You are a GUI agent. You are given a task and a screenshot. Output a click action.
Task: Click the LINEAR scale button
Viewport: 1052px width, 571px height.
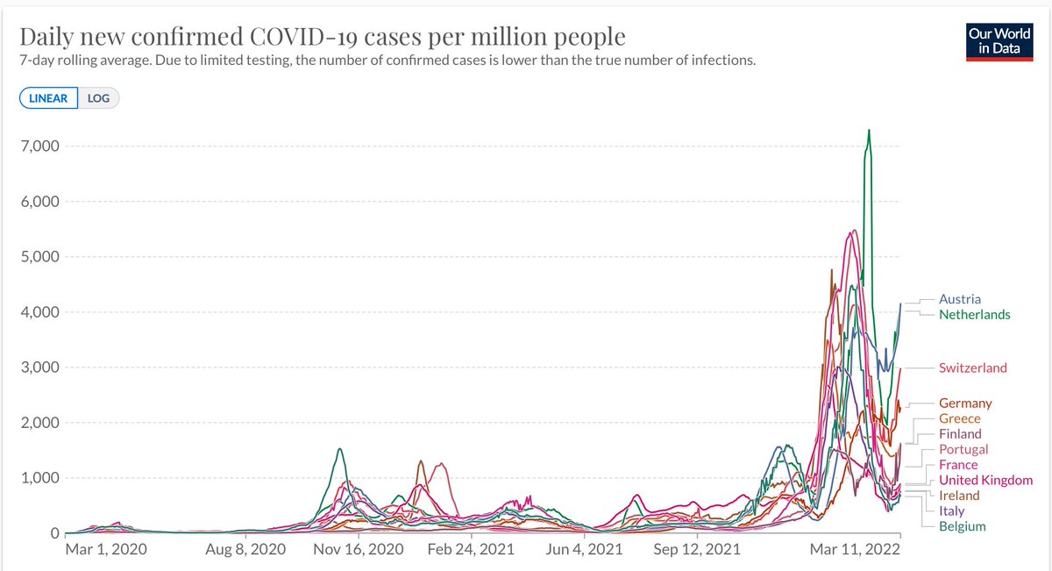tap(49, 98)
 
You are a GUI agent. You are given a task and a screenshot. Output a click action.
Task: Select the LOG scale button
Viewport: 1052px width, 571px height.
tap(98, 98)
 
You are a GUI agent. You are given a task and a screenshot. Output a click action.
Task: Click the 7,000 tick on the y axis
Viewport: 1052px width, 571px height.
tap(40, 146)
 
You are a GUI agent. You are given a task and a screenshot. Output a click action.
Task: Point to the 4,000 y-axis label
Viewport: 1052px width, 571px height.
tap(40, 312)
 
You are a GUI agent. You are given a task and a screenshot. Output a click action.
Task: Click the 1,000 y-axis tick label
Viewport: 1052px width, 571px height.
tap(40, 478)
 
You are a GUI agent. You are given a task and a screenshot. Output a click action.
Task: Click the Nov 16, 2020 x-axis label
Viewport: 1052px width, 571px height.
tap(354, 550)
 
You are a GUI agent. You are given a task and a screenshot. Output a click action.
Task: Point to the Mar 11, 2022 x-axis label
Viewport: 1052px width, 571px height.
tap(849, 550)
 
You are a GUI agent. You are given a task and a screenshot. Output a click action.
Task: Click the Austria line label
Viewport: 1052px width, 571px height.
tap(959, 299)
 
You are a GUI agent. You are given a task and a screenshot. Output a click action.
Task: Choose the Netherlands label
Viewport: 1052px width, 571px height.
tap(974, 314)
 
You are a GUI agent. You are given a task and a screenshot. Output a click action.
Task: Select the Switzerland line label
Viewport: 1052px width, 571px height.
tap(972, 368)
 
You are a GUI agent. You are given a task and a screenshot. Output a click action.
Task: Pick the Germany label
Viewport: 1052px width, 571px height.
tap(965, 403)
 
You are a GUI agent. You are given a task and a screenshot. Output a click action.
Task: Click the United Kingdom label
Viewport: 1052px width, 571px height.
tap(985, 481)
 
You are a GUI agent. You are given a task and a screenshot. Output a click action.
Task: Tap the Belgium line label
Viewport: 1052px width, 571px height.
tap(962, 526)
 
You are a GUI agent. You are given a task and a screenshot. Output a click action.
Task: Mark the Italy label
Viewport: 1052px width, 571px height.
tap(951, 511)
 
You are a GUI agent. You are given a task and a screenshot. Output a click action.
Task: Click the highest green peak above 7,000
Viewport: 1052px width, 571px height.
tap(869, 131)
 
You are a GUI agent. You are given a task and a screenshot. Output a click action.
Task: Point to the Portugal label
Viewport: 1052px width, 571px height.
tap(963, 449)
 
